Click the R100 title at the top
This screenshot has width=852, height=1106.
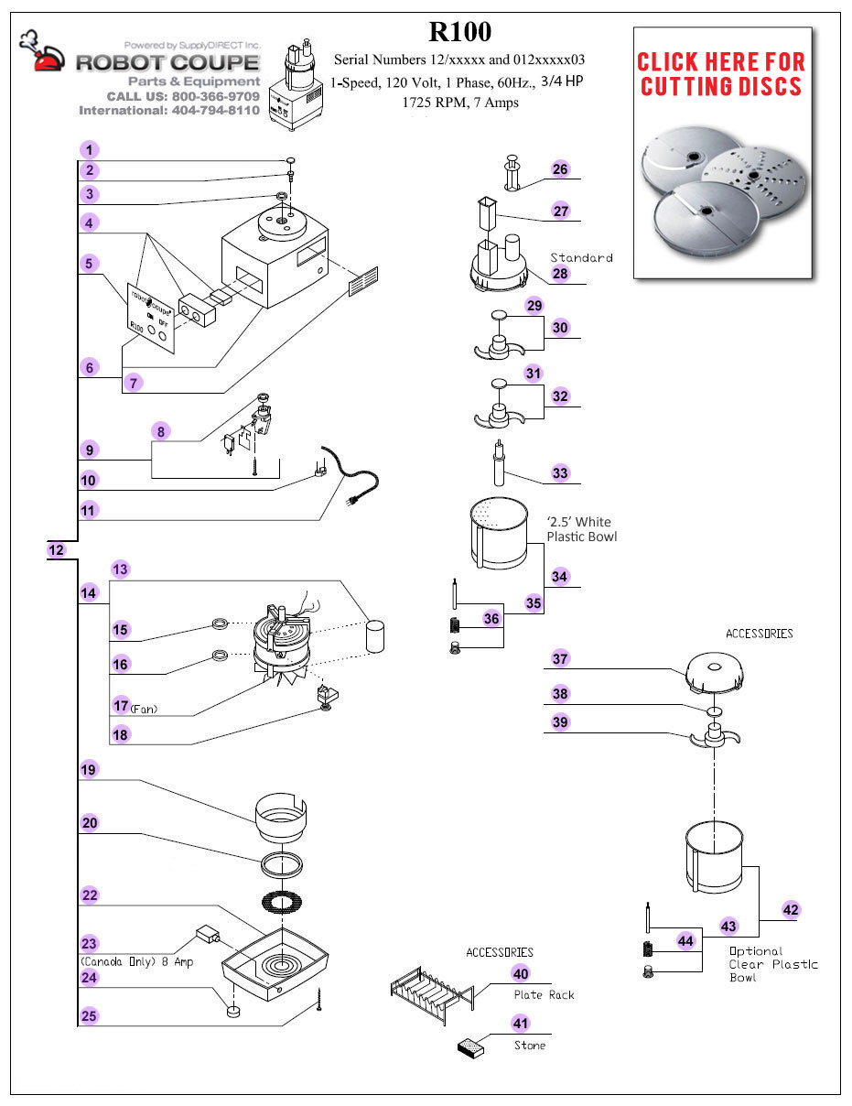point(460,32)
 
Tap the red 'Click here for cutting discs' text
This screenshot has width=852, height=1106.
point(720,74)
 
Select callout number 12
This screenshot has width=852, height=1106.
point(56,550)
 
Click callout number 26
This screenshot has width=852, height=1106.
point(560,169)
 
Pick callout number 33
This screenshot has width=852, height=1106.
point(560,473)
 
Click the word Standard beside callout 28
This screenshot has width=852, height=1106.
point(581,257)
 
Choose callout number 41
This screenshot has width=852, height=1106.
point(521,1023)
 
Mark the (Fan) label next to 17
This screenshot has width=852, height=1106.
point(145,709)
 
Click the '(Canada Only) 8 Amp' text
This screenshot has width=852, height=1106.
point(136,962)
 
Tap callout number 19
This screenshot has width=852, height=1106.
point(88,770)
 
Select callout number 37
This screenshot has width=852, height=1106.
point(560,659)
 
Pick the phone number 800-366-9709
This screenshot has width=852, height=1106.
point(220,96)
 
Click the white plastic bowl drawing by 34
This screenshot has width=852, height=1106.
point(500,537)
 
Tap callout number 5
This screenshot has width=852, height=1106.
point(88,264)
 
